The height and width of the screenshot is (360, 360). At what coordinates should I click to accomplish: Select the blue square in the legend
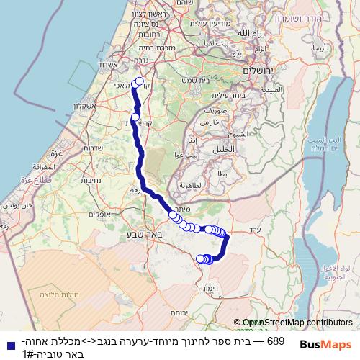click(8, 345)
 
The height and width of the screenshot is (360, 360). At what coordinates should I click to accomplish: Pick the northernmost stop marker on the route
click(139, 81)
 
